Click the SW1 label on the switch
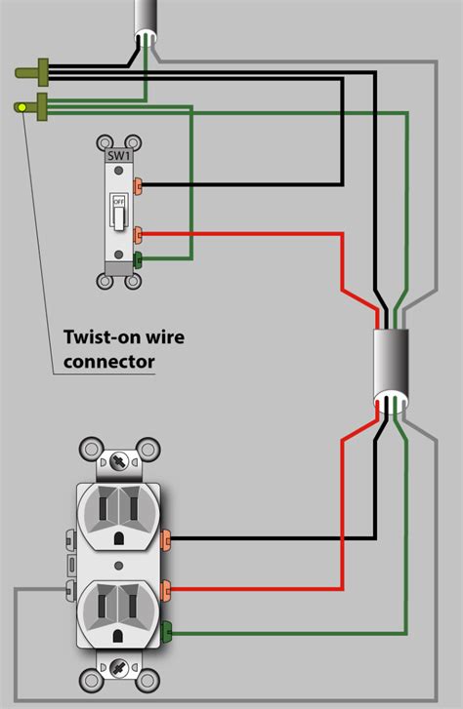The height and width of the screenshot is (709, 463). [x=118, y=154]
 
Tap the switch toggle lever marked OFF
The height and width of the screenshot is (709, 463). [x=118, y=216]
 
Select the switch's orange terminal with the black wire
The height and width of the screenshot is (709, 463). [x=140, y=184]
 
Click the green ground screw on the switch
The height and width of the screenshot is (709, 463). [x=140, y=259]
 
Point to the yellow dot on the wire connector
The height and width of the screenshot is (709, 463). [x=21, y=106]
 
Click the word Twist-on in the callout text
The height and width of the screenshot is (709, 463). [x=101, y=338]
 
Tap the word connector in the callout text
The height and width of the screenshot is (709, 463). [x=109, y=363]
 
